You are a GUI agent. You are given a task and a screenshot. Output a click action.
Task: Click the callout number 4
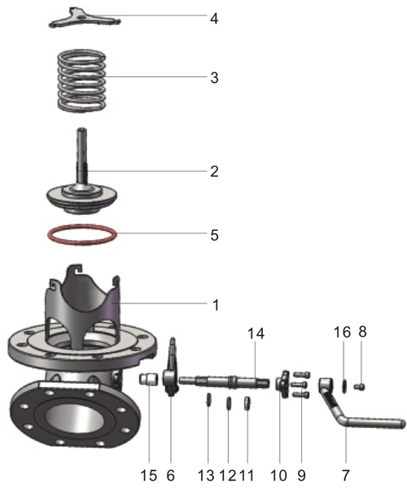(214, 17)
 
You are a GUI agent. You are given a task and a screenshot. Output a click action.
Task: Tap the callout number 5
(214, 235)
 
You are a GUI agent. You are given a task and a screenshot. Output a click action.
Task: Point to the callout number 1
(216, 305)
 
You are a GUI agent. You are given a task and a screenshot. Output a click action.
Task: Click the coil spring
(82, 82)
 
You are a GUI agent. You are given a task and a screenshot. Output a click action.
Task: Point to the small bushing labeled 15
(147, 379)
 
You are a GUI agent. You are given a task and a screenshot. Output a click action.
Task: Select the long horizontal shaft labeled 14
(224, 380)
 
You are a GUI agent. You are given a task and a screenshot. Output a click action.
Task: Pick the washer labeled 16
(344, 382)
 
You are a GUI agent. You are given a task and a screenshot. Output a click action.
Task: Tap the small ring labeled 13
(208, 401)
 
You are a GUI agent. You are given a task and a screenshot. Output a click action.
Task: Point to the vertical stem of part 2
(83, 155)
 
